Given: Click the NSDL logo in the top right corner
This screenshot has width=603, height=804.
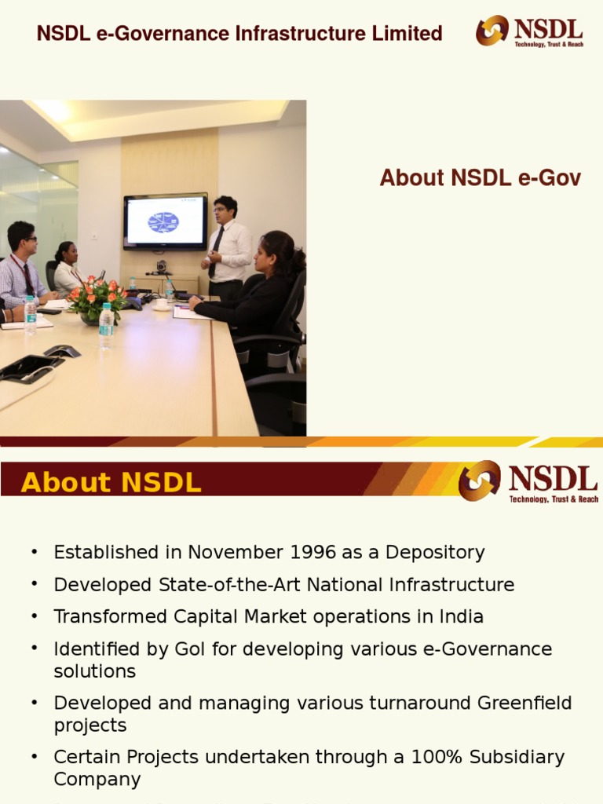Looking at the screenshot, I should coord(529,31).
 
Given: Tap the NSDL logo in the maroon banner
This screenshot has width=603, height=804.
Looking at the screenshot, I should coord(528,481).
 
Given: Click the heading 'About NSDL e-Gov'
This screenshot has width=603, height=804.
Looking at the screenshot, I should coord(480,178).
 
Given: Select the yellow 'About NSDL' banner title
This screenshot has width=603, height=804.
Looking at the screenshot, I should coord(111,482).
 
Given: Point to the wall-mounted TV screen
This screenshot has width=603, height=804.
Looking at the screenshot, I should coord(165,221).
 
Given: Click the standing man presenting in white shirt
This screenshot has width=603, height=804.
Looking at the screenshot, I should coord(227,243).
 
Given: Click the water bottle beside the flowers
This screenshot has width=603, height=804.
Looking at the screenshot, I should coord(106,325).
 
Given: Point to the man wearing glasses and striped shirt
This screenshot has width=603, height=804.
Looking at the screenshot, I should coord(24,267).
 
